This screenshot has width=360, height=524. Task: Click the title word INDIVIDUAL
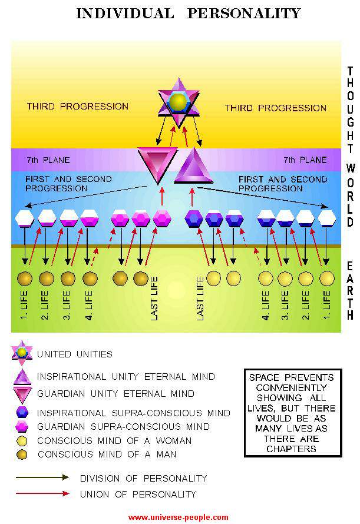tap(125, 13)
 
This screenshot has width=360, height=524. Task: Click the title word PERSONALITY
tap(244, 13)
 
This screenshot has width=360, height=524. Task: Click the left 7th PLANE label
tap(48, 160)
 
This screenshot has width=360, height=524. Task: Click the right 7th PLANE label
tap(305, 160)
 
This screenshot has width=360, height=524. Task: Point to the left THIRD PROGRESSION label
tap(77, 107)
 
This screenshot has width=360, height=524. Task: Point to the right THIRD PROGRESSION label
tap(276, 108)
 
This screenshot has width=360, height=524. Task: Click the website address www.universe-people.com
tap(178, 518)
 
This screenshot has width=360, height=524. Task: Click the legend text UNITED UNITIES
tap(74, 354)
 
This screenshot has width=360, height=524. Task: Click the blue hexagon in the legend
tap(22, 412)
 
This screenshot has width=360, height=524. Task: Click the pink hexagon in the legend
tap(22, 426)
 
